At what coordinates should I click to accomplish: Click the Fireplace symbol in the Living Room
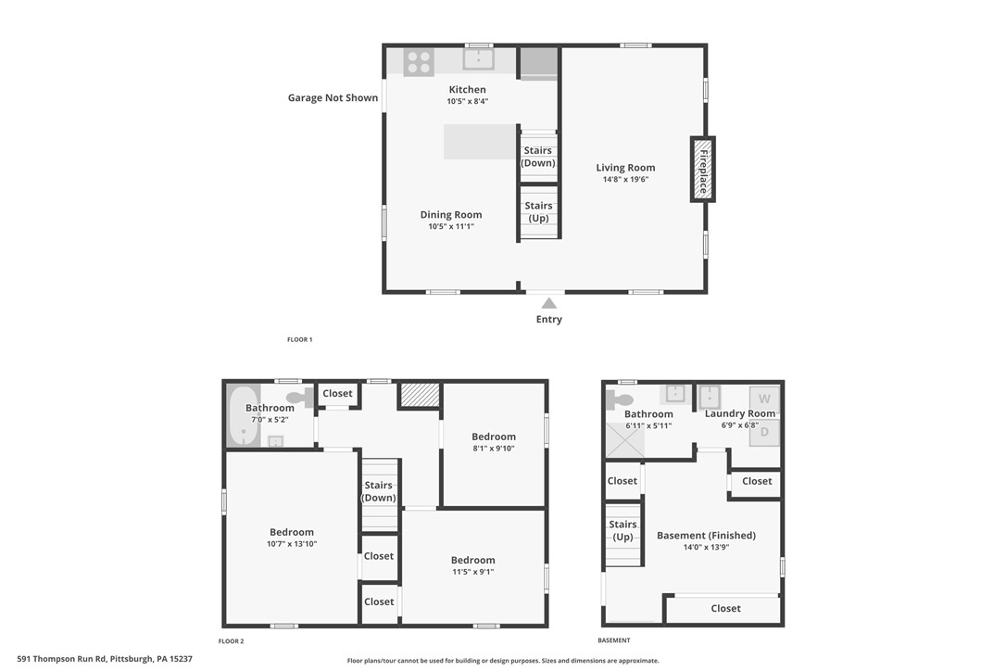(702, 169)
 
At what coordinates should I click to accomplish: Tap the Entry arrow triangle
(549, 303)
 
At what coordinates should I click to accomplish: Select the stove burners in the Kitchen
(419, 62)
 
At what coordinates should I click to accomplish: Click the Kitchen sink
(478, 60)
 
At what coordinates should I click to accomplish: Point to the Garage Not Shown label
(333, 97)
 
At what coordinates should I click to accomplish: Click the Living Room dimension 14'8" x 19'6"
(625, 180)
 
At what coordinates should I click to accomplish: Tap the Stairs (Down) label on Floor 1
(538, 157)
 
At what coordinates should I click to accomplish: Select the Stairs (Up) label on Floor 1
(538, 212)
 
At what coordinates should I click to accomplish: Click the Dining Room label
(451, 215)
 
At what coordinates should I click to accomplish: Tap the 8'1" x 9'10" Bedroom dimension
(494, 449)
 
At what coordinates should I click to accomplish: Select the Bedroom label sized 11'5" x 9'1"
(472, 560)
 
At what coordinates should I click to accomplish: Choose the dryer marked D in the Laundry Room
(765, 431)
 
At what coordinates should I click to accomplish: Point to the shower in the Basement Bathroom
(624, 439)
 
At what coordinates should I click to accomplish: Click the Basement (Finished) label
(706, 536)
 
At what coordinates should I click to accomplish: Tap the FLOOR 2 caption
(232, 641)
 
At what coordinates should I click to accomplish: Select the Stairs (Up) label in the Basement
(622, 531)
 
